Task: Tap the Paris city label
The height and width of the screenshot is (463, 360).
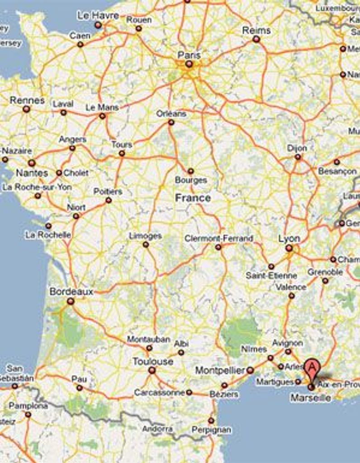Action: click(x=189, y=54)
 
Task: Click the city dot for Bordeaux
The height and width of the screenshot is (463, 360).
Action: click(x=70, y=301)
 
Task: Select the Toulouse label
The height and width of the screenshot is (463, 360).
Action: click(x=152, y=361)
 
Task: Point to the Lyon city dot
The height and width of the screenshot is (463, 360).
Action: click(x=289, y=248)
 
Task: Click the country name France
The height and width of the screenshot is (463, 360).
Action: click(x=193, y=198)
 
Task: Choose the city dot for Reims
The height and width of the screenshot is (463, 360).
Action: click(x=256, y=39)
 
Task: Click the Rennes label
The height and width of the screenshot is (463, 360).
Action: click(x=27, y=100)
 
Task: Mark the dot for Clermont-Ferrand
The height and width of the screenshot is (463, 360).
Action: click(x=218, y=247)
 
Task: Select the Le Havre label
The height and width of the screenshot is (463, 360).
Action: click(x=98, y=15)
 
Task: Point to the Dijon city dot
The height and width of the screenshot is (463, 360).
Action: click(x=298, y=157)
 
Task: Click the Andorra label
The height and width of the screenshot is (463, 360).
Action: click(x=157, y=429)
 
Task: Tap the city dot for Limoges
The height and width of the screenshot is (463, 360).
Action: click(x=146, y=245)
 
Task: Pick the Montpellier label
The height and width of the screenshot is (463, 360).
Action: click(x=220, y=370)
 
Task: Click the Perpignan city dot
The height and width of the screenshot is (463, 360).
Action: click(x=211, y=420)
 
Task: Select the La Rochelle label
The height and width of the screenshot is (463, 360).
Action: click(x=48, y=235)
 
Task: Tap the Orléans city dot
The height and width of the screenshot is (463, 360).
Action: click(x=171, y=122)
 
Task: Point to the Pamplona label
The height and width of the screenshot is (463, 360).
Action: click(x=28, y=406)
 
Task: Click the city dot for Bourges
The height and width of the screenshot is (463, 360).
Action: click(x=190, y=171)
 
